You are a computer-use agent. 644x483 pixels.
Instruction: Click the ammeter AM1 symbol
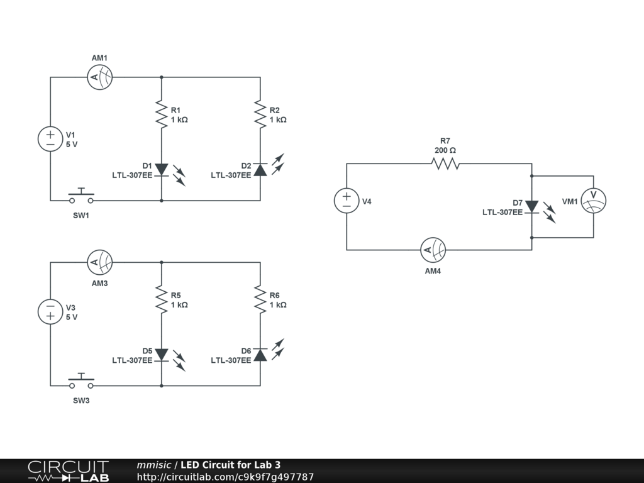(99, 77)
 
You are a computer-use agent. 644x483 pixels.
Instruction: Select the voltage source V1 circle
(50, 139)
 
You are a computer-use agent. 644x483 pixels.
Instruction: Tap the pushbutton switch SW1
(81, 197)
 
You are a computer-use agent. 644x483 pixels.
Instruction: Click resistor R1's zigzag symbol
(162, 114)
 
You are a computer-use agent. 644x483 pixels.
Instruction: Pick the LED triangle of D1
(162, 169)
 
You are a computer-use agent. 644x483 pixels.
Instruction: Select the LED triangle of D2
(260, 169)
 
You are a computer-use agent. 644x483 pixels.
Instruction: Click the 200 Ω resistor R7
(445, 164)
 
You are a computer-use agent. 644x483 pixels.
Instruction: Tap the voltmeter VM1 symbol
(592, 201)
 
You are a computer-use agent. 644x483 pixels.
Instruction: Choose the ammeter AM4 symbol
(433, 250)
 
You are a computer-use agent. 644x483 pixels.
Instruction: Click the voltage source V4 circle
(347, 201)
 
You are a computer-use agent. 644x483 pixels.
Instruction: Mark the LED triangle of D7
(531, 206)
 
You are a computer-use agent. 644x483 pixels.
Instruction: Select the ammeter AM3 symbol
(99, 262)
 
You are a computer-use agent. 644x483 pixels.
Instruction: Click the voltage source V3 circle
(50, 312)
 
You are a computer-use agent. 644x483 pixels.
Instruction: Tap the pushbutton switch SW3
(81, 382)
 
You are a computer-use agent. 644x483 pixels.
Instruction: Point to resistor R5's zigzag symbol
(162, 300)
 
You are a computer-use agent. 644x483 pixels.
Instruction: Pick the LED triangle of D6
(260, 355)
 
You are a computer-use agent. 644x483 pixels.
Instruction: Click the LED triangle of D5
(162, 355)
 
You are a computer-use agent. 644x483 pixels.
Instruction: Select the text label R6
(274, 296)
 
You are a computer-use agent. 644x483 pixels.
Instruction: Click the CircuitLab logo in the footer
(68, 471)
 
